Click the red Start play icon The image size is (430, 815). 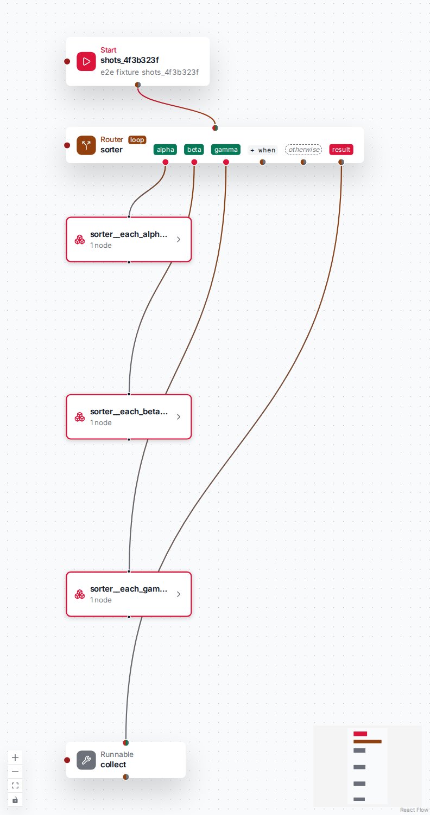pos(86,61)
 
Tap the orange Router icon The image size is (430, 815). pos(86,145)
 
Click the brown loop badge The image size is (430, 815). pos(137,140)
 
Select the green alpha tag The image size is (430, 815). pos(165,150)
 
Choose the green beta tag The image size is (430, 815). pos(194,150)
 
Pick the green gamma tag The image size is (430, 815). pos(225,150)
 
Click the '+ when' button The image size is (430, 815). pos(263,150)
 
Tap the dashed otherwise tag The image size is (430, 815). pos(303,150)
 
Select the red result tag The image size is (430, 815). pos(341,150)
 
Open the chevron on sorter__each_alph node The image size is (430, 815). pos(179,240)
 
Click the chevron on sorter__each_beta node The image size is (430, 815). pos(179,416)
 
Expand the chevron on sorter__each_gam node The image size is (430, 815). pos(179,594)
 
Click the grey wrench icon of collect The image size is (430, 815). pos(86,760)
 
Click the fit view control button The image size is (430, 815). pos(15,785)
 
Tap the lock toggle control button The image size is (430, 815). pos(15,799)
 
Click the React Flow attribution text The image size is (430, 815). pos(414,810)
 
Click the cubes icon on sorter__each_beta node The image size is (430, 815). pos(79,416)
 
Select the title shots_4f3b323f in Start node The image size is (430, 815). pos(130,60)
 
